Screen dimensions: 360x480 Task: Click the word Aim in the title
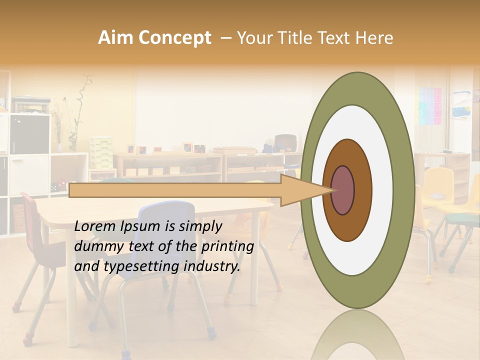pyautogui.click(x=115, y=38)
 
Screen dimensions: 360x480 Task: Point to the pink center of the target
pyautogui.click(x=343, y=190)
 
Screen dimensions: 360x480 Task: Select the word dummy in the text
pyautogui.click(x=94, y=246)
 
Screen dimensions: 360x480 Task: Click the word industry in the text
pyautogui.click(x=210, y=266)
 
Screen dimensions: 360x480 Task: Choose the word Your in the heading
pyautogui.click(x=253, y=38)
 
